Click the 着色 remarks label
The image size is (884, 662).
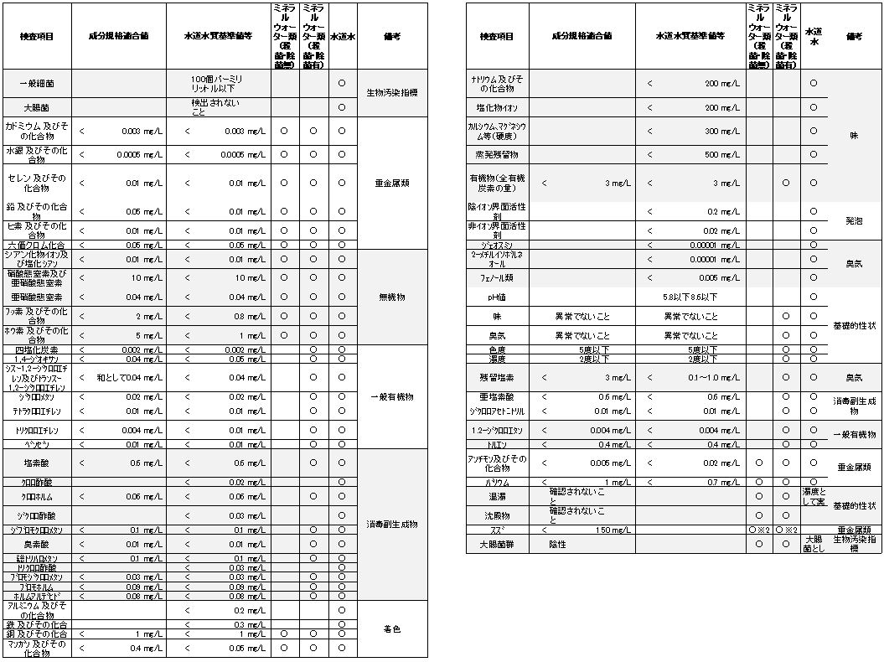pyautogui.click(x=391, y=628)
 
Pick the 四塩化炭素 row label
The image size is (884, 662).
pyautogui.click(x=36, y=349)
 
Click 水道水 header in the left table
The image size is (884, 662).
pyautogui.click(x=342, y=37)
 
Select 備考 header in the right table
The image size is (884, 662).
pyautogui.click(x=854, y=37)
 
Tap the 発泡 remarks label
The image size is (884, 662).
pyautogui.click(x=854, y=221)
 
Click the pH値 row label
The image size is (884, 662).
pyautogui.click(x=497, y=297)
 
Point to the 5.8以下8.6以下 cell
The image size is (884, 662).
pyautogui.click(x=690, y=297)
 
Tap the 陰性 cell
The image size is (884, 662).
pyautogui.click(x=558, y=544)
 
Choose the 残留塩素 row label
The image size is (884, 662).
pyautogui.click(x=497, y=378)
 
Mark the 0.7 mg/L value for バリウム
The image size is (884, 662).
pyautogui.click(x=723, y=483)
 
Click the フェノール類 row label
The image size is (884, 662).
pyautogui.click(x=497, y=277)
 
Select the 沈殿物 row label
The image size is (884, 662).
pyautogui.click(x=497, y=515)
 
